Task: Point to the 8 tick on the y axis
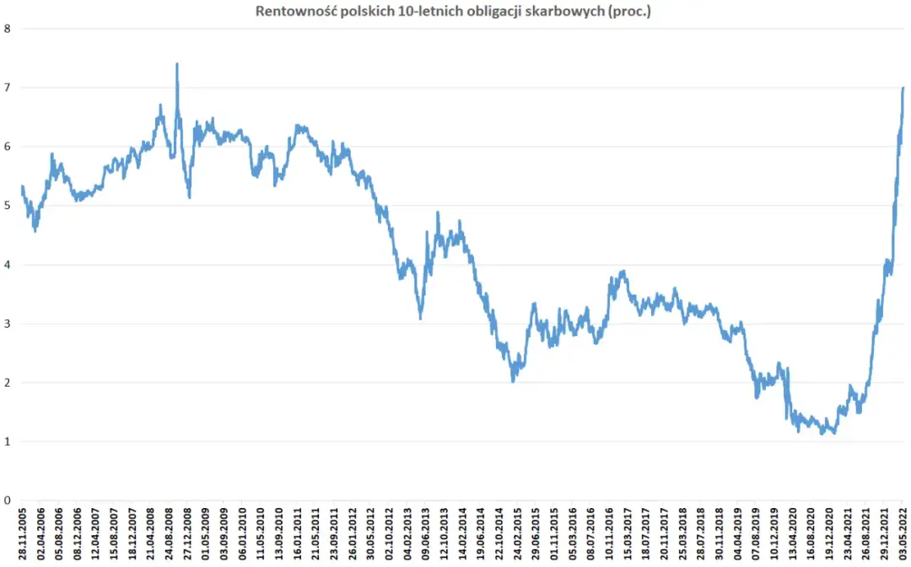8,29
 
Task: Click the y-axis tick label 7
8,88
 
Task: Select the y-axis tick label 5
8,206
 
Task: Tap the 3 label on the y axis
8,324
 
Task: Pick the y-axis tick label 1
8,441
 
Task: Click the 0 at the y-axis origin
8,500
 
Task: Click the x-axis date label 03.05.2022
903,533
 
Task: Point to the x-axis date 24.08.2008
170,533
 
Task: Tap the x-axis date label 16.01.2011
298,533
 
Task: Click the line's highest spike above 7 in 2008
177,64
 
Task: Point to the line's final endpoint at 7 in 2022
903,88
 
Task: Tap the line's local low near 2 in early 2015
513,381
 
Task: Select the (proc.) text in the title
632,11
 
